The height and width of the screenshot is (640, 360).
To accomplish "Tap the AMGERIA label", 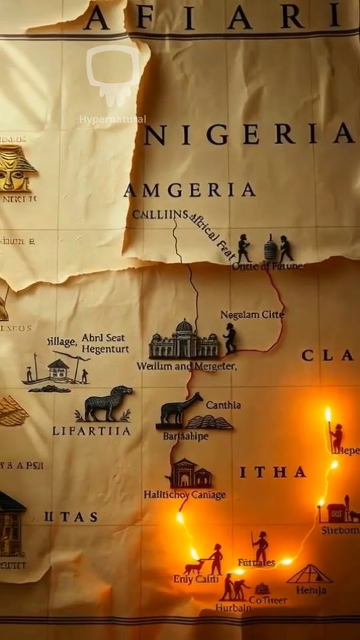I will pyautogui.click(x=189, y=190).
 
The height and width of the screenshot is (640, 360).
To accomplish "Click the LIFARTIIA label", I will pyautogui.click(x=92, y=431).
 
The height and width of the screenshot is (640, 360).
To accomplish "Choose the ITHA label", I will pyautogui.click(x=273, y=472).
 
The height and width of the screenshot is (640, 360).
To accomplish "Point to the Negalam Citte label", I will pyautogui.click(x=252, y=314).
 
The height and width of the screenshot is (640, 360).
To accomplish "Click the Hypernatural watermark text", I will pyautogui.click(x=112, y=120).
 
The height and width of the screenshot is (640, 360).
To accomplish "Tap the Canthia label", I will pyautogui.click(x=223, y=405).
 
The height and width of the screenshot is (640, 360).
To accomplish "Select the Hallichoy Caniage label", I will pyautogui.click(x=185, y=495).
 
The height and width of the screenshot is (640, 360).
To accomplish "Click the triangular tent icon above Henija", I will pyautogui.click(x=309, y=574).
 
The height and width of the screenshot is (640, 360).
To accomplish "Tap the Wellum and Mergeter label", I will pyautogui.click(x=187, y=366).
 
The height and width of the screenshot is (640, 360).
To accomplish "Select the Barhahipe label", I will pyautogui.click(x=186, y=436).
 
